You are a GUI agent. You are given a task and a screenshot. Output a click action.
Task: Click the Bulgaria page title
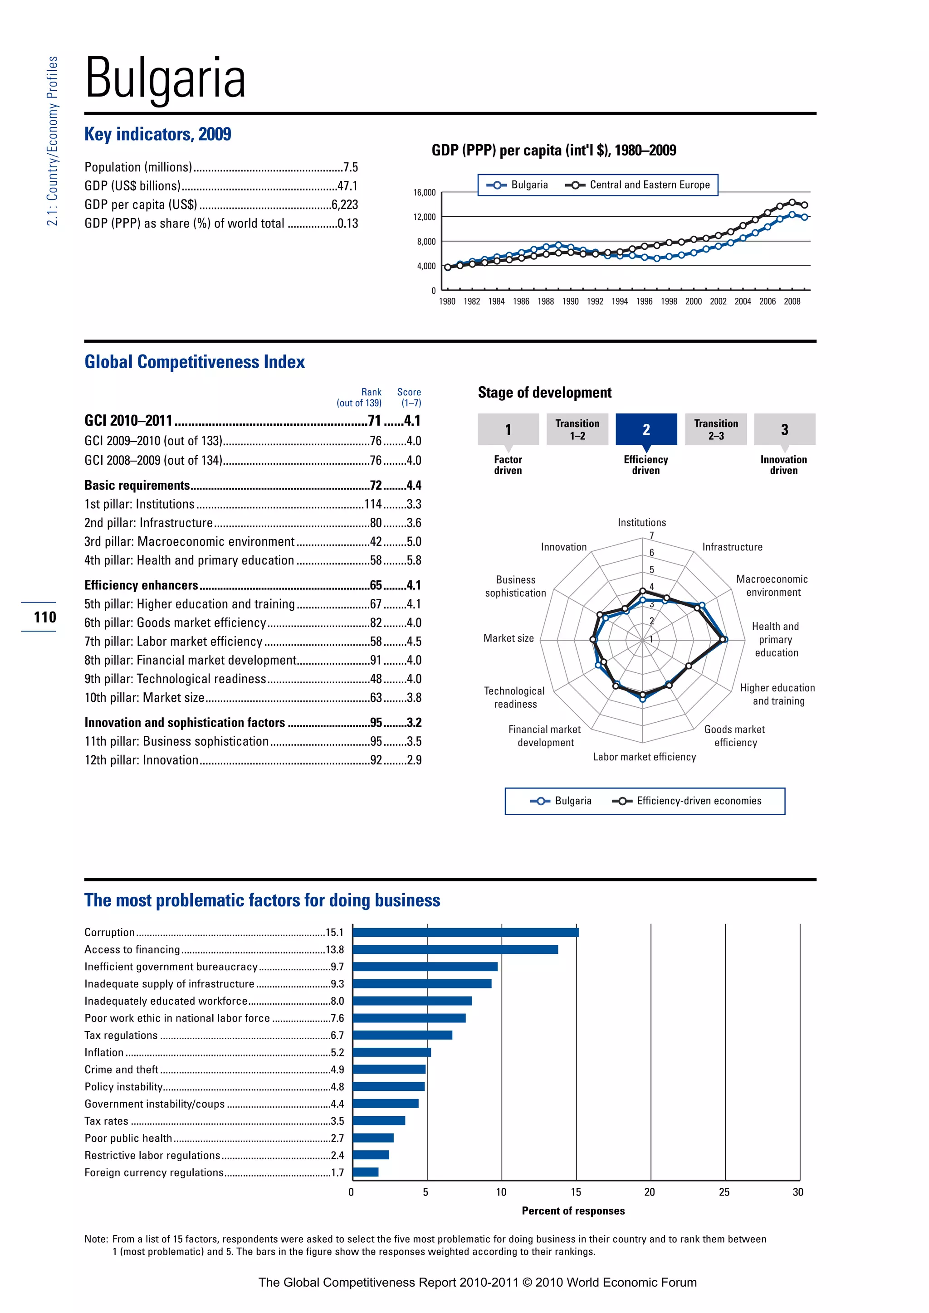165,78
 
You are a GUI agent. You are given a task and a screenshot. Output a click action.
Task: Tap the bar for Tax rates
379,1121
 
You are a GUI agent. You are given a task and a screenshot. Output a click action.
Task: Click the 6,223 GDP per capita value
344,205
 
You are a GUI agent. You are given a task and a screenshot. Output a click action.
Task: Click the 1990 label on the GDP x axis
570,302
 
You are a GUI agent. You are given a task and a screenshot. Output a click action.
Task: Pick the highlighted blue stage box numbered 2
646,429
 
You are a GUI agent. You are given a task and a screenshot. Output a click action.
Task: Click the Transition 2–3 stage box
716,429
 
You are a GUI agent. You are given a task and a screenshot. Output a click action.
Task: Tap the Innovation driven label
783,465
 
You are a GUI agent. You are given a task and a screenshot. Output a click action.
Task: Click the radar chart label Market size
508,638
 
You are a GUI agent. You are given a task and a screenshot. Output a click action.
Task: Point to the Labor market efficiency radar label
644,757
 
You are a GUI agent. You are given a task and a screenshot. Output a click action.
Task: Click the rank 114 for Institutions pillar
373,504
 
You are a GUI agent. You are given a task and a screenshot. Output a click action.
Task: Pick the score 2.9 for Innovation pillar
414,760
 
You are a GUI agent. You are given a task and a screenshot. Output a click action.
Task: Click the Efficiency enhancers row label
141,585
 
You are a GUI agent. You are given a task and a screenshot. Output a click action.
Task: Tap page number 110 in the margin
44,617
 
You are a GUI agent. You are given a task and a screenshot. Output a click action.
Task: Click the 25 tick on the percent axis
724,1192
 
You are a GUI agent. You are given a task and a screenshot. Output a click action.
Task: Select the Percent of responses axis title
573,1211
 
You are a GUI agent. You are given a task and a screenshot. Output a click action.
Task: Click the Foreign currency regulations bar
366,1172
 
